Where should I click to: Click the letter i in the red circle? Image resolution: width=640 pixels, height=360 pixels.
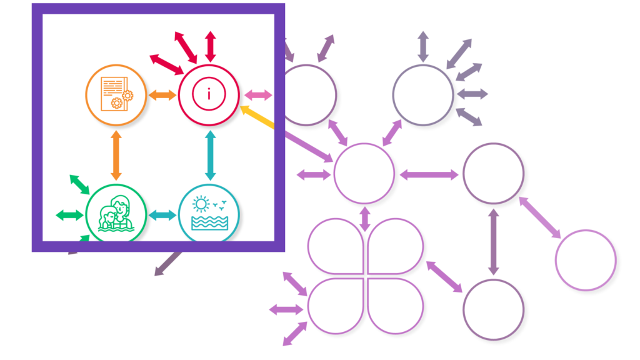point(209,95)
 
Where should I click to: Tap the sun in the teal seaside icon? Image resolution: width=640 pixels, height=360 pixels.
point(200,204)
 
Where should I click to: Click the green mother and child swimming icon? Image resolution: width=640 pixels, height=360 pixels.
point(116,214)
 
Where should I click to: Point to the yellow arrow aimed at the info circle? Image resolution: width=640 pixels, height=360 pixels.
point(257,117)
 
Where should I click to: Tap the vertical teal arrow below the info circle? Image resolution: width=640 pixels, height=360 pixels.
point(210,156)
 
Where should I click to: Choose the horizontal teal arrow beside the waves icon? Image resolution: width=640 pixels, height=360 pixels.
point(162,215)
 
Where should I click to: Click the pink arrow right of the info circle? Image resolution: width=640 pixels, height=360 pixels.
point(257,95)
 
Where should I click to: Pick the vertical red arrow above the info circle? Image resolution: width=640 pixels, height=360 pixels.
point(211,46)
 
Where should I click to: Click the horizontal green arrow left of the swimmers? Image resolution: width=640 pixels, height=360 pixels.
point(69,215)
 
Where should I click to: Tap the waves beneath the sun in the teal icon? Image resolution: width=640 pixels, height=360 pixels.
point(209,222)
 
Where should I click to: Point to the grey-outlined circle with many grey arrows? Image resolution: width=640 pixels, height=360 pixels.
point(423,95)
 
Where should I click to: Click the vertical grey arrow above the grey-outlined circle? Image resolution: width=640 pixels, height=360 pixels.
point(423,46)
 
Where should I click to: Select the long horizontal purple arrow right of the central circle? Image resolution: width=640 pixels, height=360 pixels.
point(429,175)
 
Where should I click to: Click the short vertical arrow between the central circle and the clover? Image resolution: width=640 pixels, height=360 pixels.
point(365,216)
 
